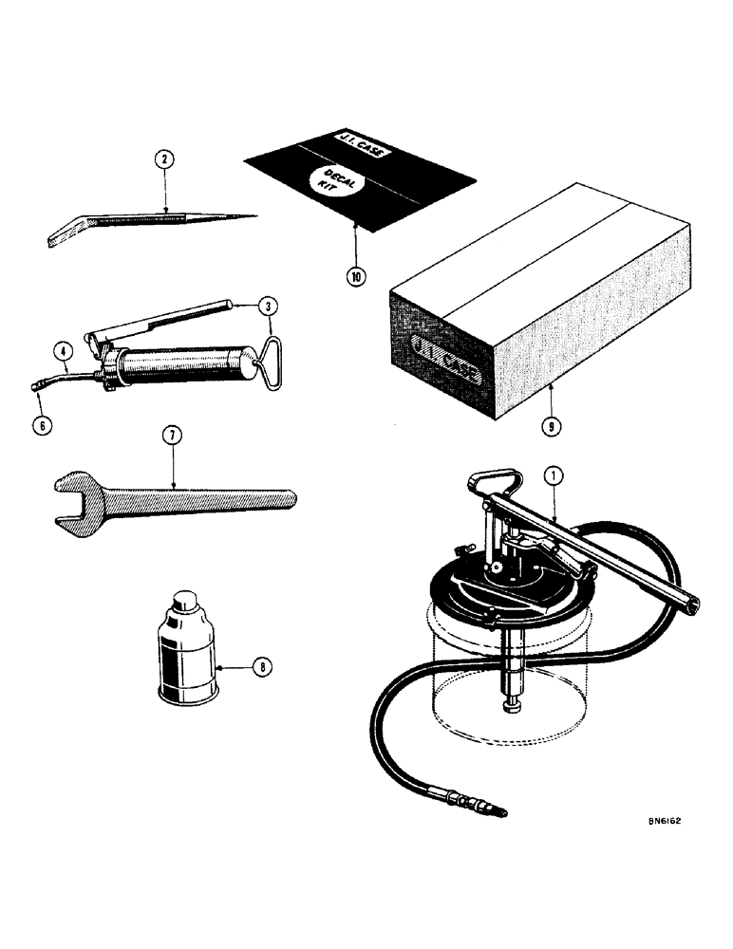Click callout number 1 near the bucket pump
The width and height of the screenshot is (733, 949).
point(554,473)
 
